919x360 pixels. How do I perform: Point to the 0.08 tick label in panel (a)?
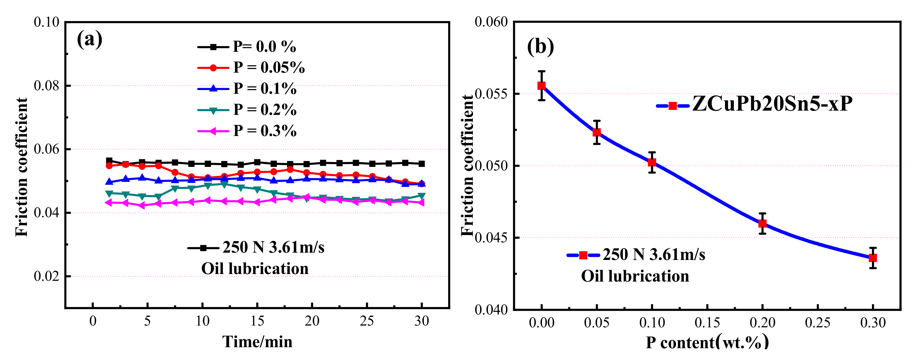(47, 86)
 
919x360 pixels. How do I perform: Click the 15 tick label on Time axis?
(257, 321)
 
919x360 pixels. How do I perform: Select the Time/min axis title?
(257, 342)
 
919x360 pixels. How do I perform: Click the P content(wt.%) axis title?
(707, 342)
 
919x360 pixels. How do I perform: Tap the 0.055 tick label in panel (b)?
(492, 94)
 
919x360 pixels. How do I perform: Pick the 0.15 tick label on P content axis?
(707, 323)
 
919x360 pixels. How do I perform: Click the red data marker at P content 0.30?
(872, 258)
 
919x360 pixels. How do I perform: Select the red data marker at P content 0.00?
(541, 86)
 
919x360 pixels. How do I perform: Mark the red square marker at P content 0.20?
(762, 223)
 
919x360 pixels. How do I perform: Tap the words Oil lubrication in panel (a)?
(255, 269)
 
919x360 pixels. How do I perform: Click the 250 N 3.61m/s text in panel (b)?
(654, 255)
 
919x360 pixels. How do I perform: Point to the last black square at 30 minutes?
(422, 164)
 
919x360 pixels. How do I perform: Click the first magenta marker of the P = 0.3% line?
(109, 203)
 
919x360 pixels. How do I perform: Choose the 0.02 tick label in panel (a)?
(47, 276)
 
